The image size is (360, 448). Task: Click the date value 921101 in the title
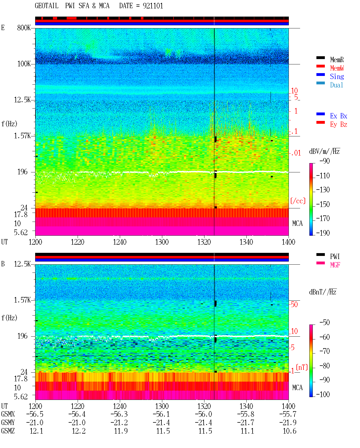[x=153, y=6]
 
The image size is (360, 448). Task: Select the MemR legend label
[x=337, y=60]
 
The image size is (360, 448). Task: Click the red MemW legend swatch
[x=320, y=66]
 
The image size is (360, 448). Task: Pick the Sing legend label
[x=337, y=76]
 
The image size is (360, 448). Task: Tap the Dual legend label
[x=337, y=85]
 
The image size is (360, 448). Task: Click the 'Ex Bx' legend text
[x=339, y=116]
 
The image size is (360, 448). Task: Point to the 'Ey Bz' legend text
[x=339, y=125]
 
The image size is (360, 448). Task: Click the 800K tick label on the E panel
[x=24, y=28]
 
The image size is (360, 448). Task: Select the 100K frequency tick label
[x=24, y=64]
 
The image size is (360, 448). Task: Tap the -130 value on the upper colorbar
[x=323, y=190]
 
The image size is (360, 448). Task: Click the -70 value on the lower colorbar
[x=325, y=351]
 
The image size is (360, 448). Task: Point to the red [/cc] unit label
[x=298, y=201]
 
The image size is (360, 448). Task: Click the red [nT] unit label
[x=302, y=368]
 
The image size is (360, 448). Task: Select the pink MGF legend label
[x=335, y=265]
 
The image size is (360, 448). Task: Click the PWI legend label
[x=335, y=256]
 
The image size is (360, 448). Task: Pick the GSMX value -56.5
[x=35, y=414]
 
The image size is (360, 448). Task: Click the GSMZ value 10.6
[x=289, y=431]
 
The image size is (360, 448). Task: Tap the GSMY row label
[x=8, y=423]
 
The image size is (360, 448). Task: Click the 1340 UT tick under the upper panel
[x=246, y=242]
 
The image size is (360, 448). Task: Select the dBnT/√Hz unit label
[x=323, y=292]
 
